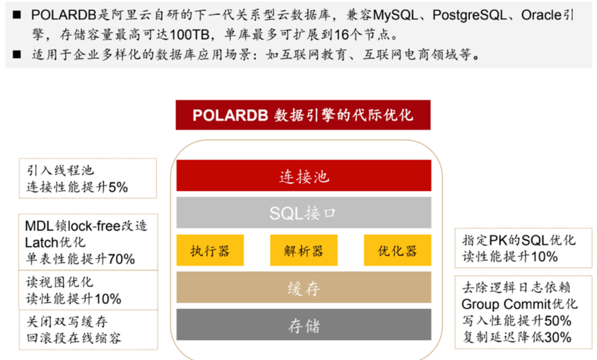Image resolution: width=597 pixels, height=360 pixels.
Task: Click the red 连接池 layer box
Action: [x=303, y=176]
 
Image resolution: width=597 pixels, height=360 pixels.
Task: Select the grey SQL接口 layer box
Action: [x=303, y=212]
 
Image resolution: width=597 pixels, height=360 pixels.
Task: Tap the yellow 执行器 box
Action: [x=210, y=250]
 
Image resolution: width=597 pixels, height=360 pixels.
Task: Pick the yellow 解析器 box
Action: [x=303, y=250]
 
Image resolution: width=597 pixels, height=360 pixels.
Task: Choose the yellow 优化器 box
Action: [x=397, y=250]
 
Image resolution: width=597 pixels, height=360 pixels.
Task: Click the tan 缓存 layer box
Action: [x=303, y=287]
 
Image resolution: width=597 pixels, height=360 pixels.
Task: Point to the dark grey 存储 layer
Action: [x=303, y=325]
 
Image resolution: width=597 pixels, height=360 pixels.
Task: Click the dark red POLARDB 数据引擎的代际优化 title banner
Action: [x=303, y=115]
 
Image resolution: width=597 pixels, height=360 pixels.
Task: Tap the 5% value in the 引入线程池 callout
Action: [x=118, y=187]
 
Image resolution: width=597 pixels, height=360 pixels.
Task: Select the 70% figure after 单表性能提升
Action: [x=121, y=259]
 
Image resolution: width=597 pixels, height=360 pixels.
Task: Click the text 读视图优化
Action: [x=59, y=282]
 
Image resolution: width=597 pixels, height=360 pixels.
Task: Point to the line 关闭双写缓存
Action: [x=67, y=322]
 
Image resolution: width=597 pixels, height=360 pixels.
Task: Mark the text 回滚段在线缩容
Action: [x=73, y=338]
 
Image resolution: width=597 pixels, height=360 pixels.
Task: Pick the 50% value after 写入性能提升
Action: [x=558, y=321]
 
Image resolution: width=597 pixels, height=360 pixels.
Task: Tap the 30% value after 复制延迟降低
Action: [x=558, y=337]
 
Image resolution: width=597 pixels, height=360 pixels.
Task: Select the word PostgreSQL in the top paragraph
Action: [x=470, y=15]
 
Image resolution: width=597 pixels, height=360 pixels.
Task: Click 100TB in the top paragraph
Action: [x=189, y=35]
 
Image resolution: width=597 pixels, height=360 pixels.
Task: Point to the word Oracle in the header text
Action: [x=541, y=15]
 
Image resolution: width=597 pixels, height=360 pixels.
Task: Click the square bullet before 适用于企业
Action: [x=17, y=54]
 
